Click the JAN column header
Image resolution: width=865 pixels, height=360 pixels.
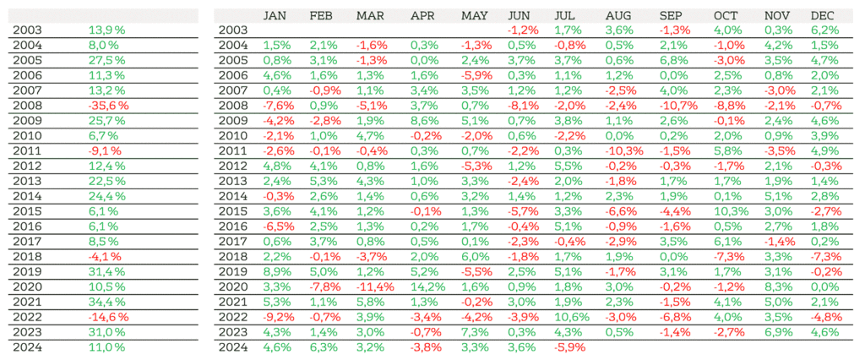click(x=275, y=16)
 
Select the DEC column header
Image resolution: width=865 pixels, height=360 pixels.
click(x=822, y=16)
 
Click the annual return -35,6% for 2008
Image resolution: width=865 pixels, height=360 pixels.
click(x=107, y=105)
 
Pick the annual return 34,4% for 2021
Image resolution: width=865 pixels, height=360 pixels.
click(x=106, y=302)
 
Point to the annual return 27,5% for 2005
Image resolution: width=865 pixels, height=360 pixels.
click(x=106, y=60)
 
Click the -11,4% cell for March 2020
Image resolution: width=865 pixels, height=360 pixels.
click(x=373, y=286)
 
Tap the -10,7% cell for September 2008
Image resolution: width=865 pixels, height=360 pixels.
click(x=678, y=105)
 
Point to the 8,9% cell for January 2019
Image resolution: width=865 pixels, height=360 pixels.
click(x=276, y=271)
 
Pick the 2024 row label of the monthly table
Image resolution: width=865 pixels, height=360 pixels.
click(x=232, y=346)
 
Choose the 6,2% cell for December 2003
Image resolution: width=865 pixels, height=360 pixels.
click(x=823, y=30)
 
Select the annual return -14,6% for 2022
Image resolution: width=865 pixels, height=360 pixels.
click(x=107, y=317)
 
